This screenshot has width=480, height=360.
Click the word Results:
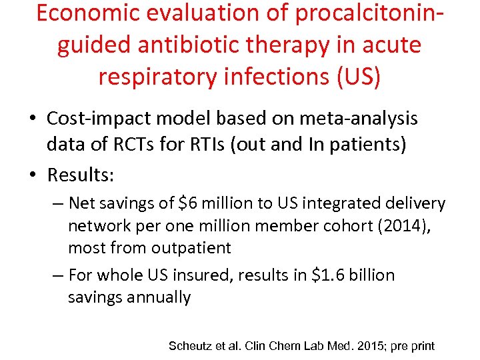[x=81, y=175]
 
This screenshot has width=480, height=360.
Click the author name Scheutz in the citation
[x=191, y=346]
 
